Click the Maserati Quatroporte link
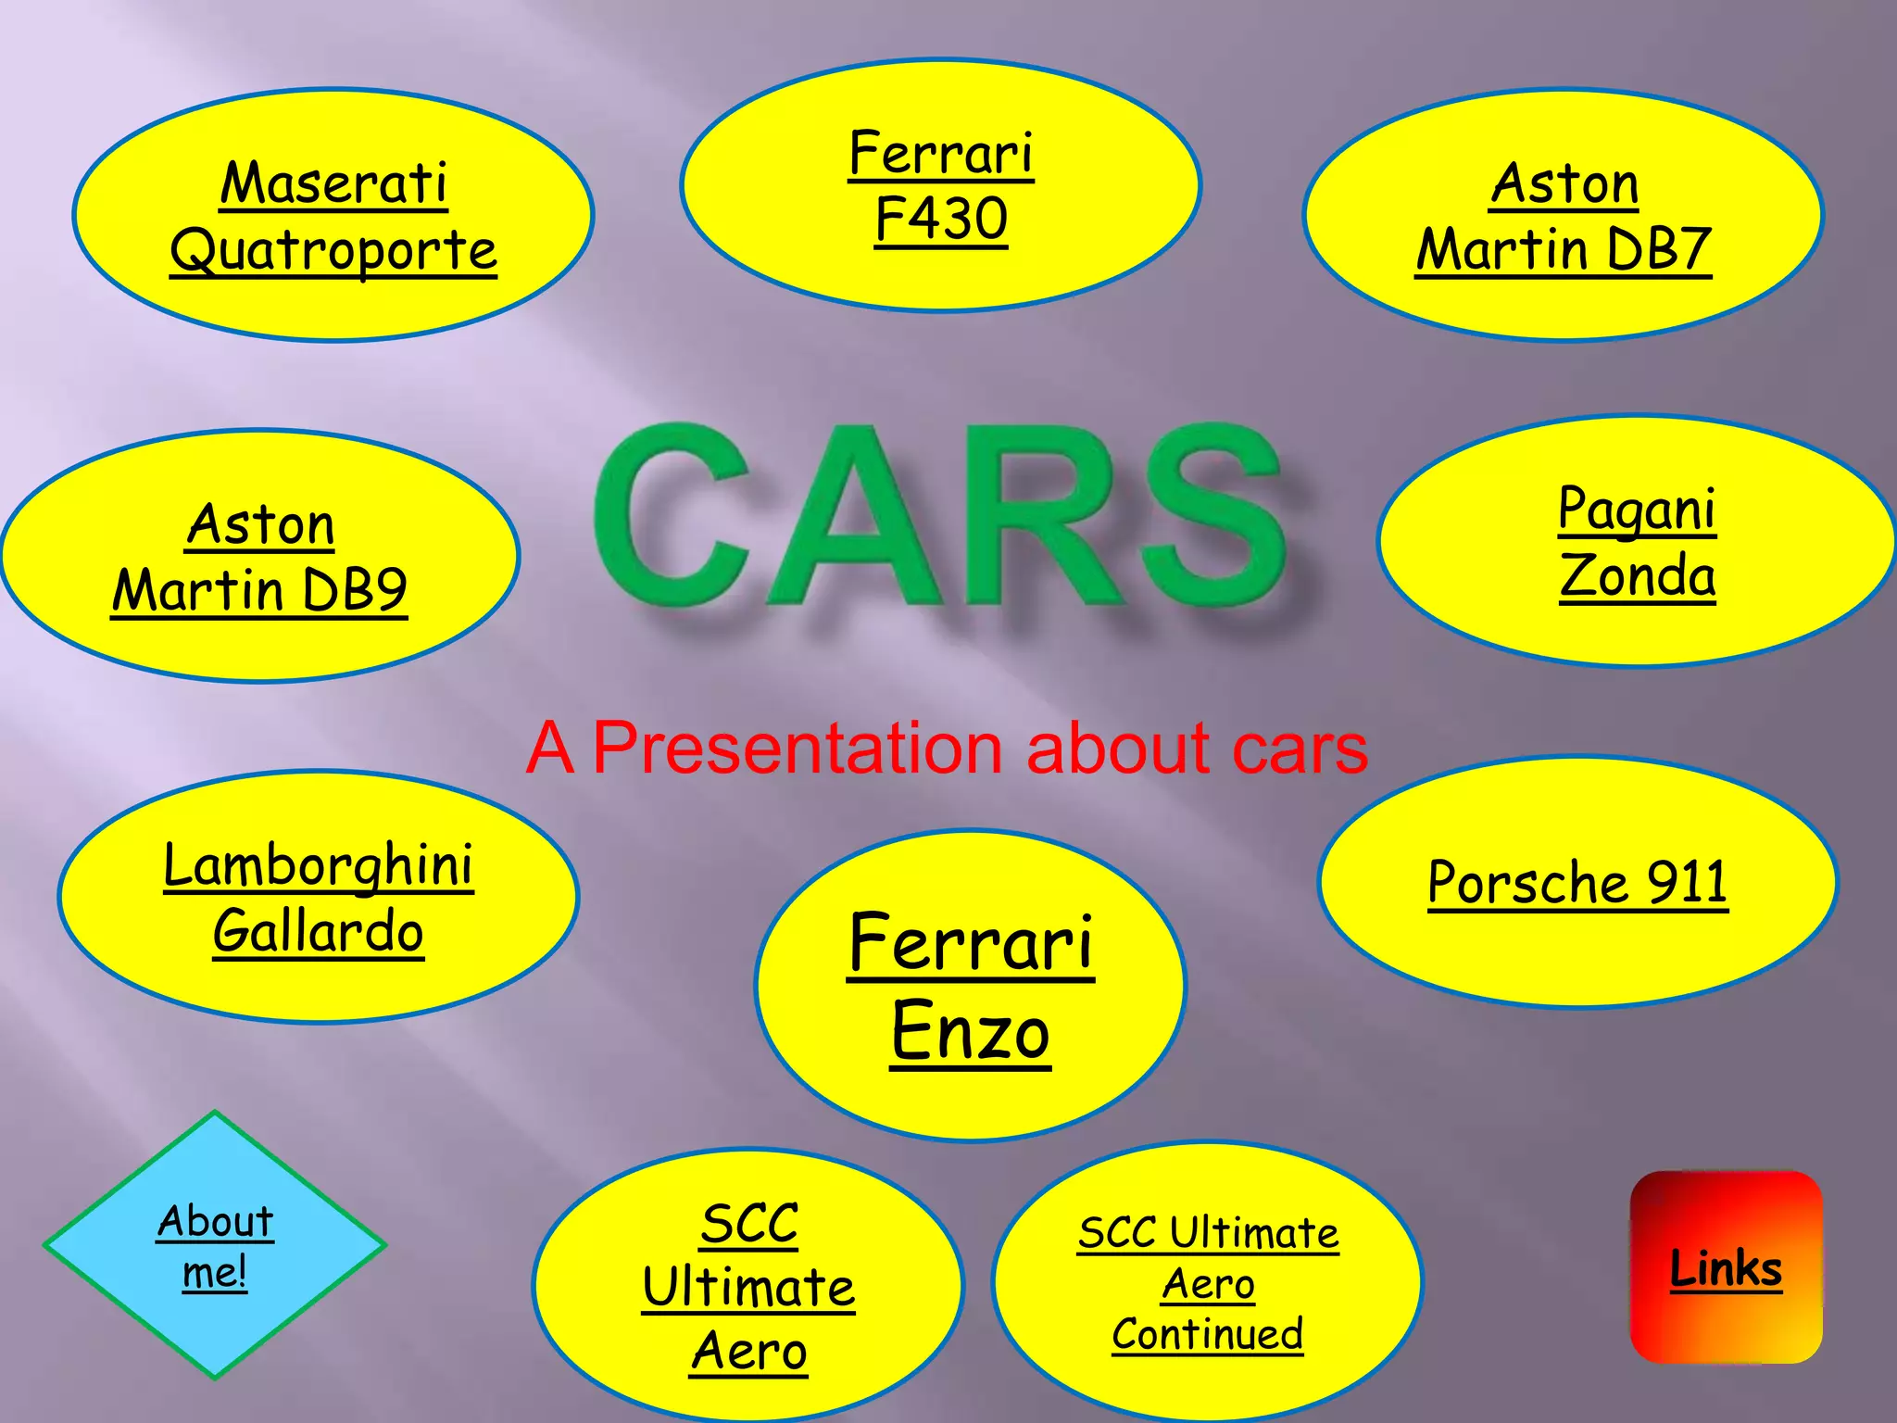coord(333,216)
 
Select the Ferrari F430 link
coord(941,185)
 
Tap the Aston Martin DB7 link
coord(1564,216)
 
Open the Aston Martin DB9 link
coord(260,557)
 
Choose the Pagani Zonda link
coord(1637,541)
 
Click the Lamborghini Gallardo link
coord(319,897)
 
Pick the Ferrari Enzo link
coord(971,986)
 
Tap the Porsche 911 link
coord(1577,881)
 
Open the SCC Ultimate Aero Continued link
coord(1208,1283)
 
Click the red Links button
coord(1726,1267)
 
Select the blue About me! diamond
coord(215,1245)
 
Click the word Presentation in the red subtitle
coord(797,748)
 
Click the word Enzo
coord(971,1031)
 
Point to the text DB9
coord(355,590)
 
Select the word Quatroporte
coord(333,250)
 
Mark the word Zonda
coord(1638,575)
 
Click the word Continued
coord(1208,1334)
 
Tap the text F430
coord(941,220)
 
